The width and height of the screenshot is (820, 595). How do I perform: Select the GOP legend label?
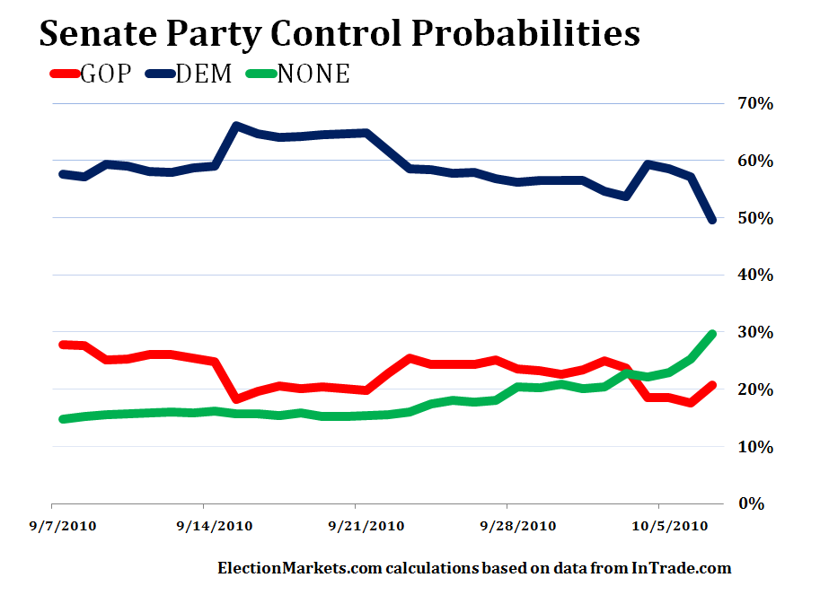click(x=106, y=74)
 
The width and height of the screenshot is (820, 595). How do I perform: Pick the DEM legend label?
click(x=202, y=74)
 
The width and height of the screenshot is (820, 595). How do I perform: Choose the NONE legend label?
click(x=313, y=74)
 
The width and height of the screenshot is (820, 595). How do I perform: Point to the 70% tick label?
click(x=755, y=103)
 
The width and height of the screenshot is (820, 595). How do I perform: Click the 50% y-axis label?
click(x=755, y=218)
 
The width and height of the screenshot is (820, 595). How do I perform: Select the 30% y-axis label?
click(x=755, y=332)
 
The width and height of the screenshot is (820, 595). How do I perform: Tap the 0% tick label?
click(x=760, y=503)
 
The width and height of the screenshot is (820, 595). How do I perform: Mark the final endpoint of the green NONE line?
click(x=712, y=334)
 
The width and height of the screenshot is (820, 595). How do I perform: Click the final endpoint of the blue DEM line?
click(x=712, y=220)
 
